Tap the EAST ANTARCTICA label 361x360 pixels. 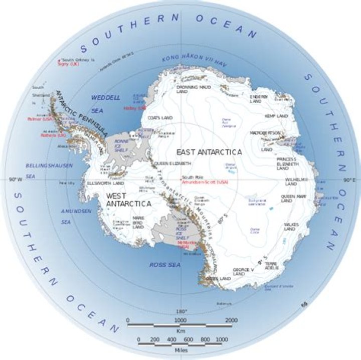click(x=208, y=151)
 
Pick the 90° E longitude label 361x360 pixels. click(x=349, y=179)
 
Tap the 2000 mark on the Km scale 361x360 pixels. click(x=231, y=320)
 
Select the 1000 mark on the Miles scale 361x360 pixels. click(x=220, y=339)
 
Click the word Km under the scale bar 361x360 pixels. click(x=180, y=331)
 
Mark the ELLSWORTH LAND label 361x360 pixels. click(x=102, y=184)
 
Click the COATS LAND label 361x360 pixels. click(x=160, y=117)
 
